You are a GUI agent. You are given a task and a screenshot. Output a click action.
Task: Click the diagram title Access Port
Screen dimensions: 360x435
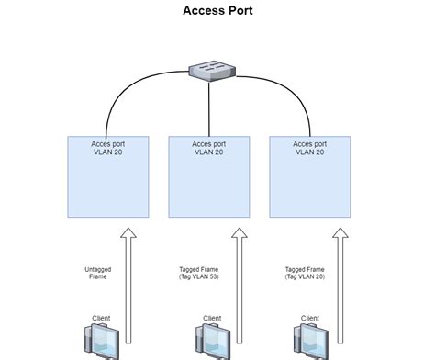pyautogui.click(x=217, y=11)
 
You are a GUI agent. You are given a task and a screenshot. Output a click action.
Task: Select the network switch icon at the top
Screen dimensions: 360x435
pyautogui.click(x=209, y=70)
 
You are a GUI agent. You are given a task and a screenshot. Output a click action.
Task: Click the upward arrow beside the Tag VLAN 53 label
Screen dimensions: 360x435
pyautogui.click(x=238, y=285)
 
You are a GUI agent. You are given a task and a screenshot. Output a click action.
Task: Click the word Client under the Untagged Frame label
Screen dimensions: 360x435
pyautogui.click(x=101, y=318)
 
